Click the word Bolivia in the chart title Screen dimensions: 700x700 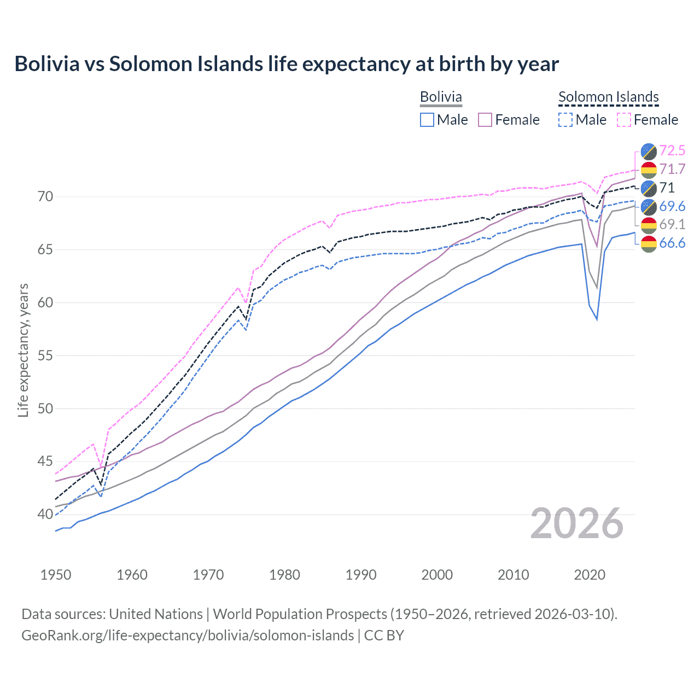(x=47, y=64)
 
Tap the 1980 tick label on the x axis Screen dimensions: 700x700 (x=284, y=575)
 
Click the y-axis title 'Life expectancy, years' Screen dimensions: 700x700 (x=23, y=350)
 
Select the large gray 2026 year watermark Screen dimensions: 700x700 (x=577, y=523)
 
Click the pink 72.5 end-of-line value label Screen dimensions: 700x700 (x=672, y=150)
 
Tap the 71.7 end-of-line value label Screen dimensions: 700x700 (x=672, y=169)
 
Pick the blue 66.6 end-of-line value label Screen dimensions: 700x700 (x=672, y=243)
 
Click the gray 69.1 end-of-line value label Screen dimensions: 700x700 (x=672, y=224)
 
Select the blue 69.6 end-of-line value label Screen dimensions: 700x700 (x=672, y=206)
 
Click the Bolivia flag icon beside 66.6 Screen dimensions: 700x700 (x=649, y=243)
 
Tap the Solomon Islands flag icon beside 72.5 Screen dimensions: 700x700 (x=649, y=151)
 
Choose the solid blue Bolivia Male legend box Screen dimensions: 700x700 (x=427, y=120)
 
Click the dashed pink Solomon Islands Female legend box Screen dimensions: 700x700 (x=624, y=120)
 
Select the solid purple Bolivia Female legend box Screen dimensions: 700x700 (x=485, y=120)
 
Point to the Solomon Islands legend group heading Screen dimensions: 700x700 (x=608, y=97)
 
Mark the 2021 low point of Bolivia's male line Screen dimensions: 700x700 (x=597, y=319)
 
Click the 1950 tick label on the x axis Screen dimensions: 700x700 (x=56, y=575)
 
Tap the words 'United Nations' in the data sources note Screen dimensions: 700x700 (x=156, y=614)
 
